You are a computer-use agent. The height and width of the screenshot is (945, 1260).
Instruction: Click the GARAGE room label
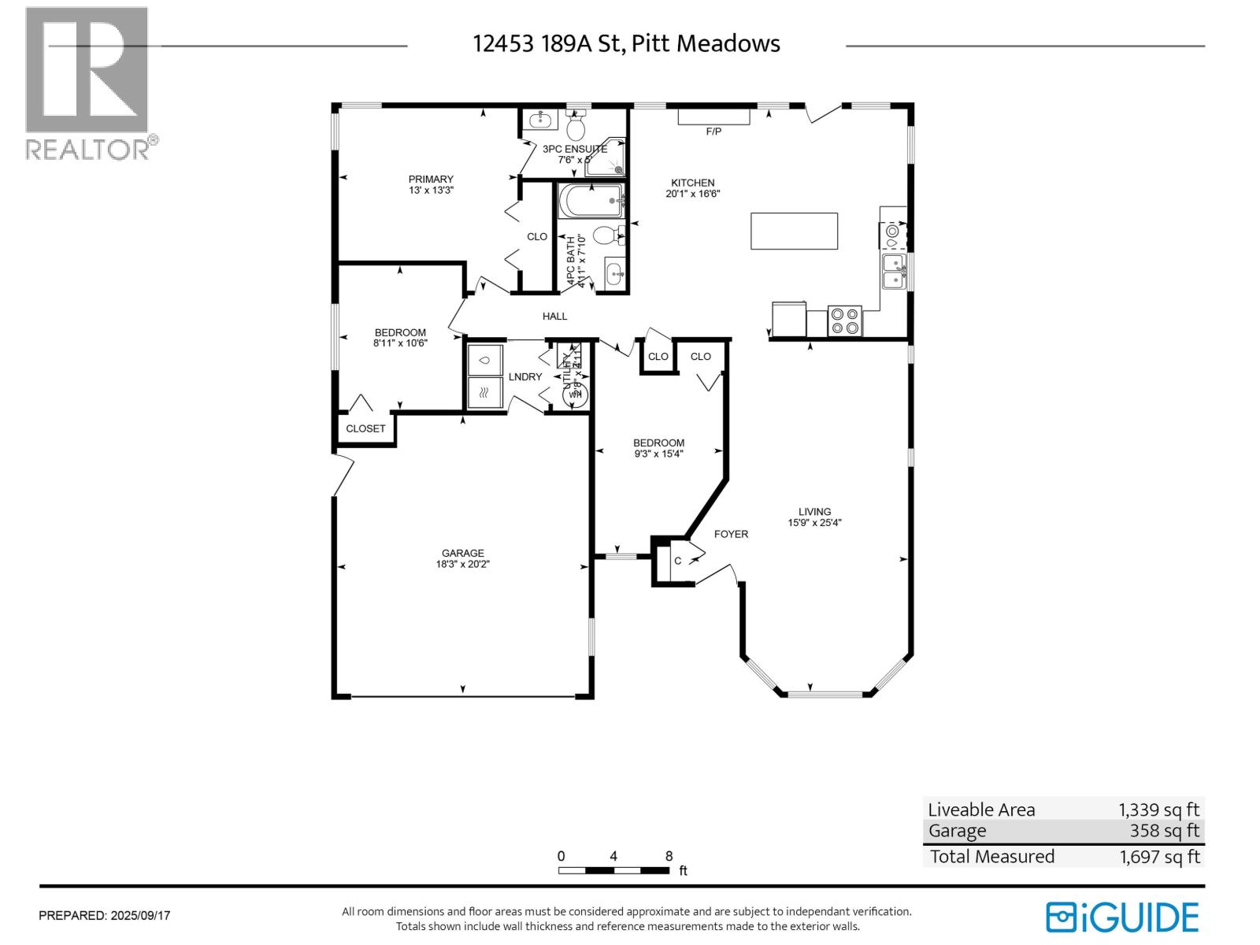(x=462, y=553)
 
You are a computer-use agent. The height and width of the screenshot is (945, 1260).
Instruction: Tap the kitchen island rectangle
(x=794, y=231)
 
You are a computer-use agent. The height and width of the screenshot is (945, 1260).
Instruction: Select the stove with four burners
(x=845, y=321)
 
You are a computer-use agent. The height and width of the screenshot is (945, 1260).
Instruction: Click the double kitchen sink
(x=893, y=271)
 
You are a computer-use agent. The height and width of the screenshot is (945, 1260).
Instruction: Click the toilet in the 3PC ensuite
(x=576, y=127)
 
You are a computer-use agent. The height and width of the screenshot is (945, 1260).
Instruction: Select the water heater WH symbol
(x=575, y=394)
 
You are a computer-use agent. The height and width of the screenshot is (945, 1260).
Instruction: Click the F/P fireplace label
(x=713, y=132)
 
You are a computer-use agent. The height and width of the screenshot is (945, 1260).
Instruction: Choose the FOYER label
(x=731, y=534)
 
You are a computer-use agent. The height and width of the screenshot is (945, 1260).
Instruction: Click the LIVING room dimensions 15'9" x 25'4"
(x=815, y=522)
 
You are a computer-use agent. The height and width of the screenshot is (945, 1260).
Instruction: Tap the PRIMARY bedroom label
(x=431, y=179)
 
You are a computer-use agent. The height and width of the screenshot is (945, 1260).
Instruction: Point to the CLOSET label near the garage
(x=365, y=428)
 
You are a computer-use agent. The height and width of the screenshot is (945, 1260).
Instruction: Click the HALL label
(x=554, y=316)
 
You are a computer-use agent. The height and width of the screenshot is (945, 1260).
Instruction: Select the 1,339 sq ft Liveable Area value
(x=1158, y=810)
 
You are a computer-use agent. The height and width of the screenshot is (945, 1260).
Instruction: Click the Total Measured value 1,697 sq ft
(x=1159, y=857)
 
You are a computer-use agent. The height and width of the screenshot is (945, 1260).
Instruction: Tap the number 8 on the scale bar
(x=669, y=856)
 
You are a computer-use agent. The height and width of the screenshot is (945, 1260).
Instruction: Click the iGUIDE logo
(x=1122, y=917)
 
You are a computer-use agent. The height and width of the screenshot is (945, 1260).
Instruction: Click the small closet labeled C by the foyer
(x=677, y=561)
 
